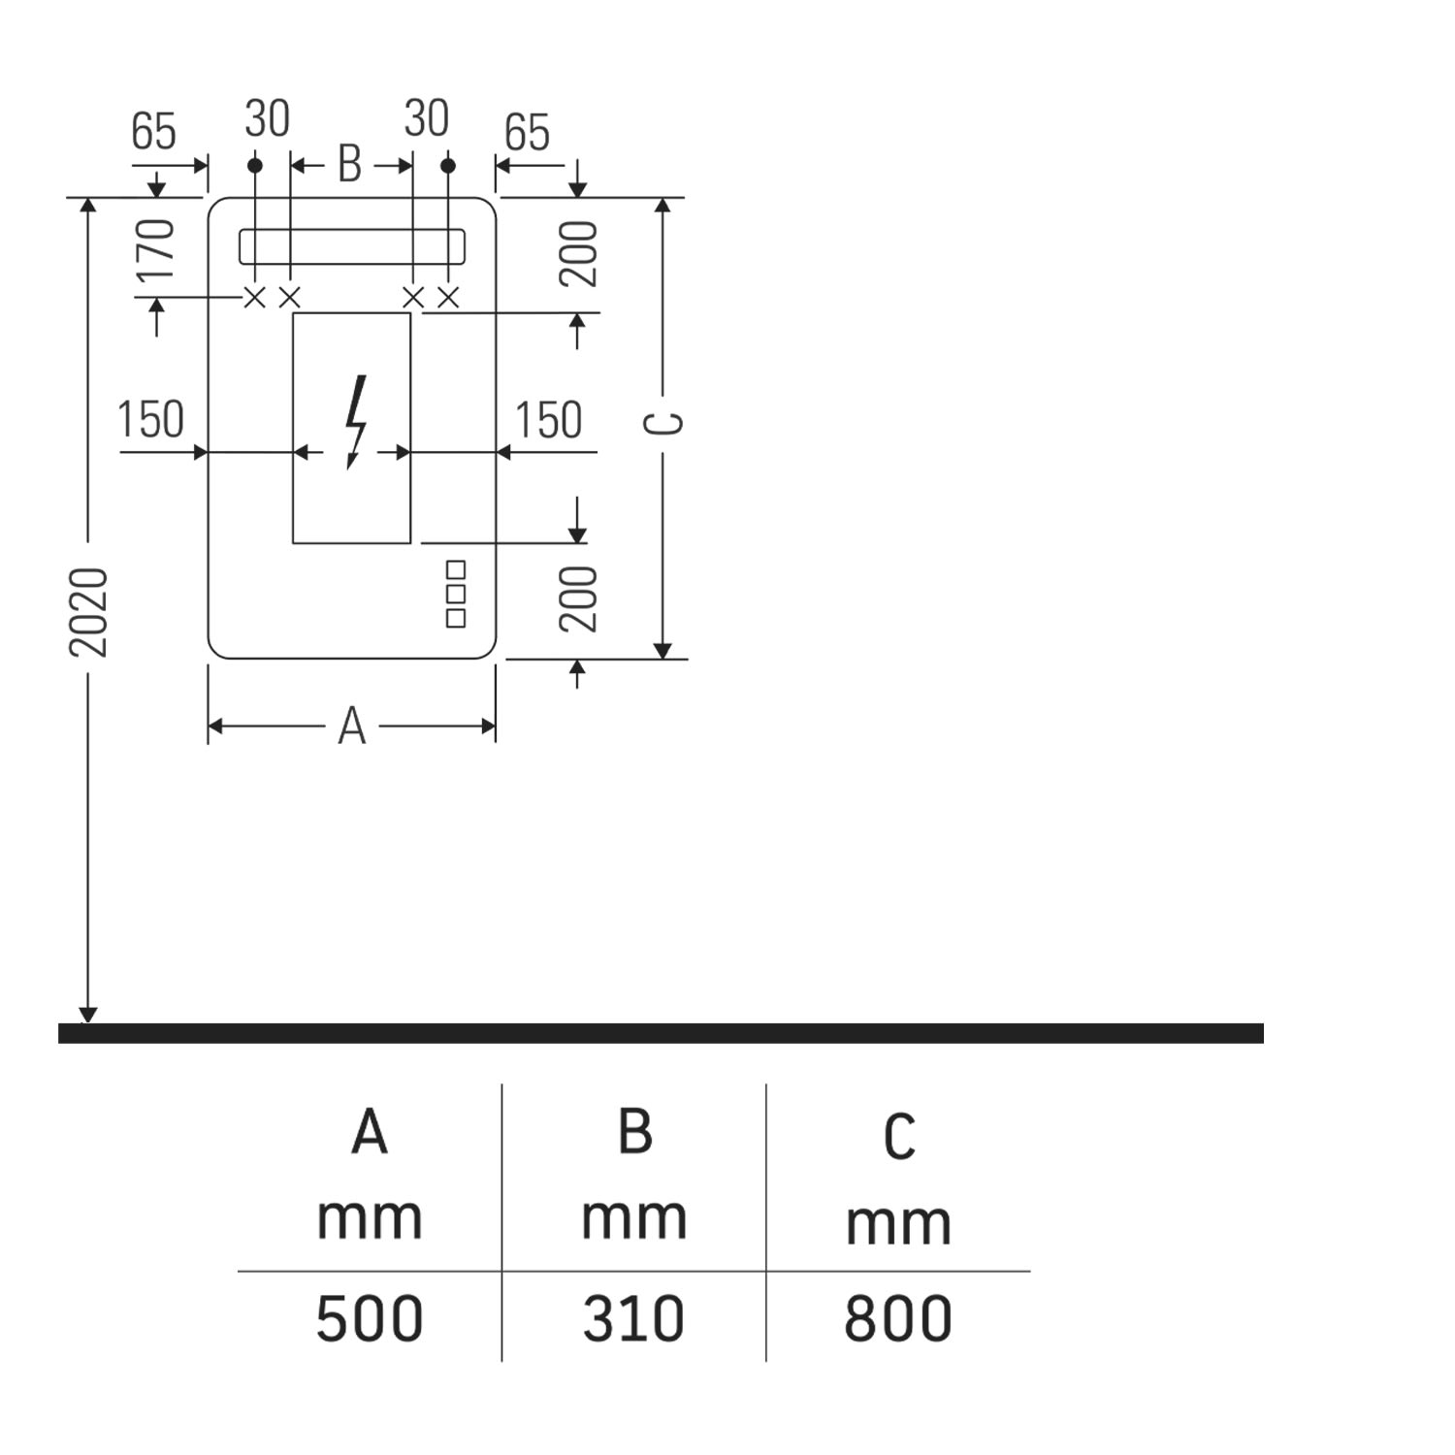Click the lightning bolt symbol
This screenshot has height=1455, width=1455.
[356, 421]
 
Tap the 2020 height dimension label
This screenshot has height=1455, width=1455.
[88, 612]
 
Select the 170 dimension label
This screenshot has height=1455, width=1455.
[155, 249]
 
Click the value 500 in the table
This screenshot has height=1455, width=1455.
[370, 1318]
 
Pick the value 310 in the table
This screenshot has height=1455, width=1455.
[633, 1318]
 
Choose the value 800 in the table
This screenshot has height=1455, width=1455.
[897, 1318]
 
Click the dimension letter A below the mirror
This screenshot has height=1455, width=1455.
[352, 727]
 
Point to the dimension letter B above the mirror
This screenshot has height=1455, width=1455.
[349, 165]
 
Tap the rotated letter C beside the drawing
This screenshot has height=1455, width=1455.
[665, 424]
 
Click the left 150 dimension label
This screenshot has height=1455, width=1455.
[150, 420]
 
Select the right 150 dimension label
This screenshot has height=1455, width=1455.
[548, 420]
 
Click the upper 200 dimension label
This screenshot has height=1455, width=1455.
[579, 253]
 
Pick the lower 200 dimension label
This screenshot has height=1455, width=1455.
[579, 598]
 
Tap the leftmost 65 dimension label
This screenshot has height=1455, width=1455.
[154, 132]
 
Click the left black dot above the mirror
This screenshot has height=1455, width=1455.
[255, 166]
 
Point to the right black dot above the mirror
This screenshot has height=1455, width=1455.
[447, 166]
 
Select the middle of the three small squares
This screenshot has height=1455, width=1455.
[456, 593]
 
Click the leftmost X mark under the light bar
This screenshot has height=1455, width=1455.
[254, 298]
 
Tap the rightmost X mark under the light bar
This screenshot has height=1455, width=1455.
[447, 298]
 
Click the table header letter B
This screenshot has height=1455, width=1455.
[634, 1132]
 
